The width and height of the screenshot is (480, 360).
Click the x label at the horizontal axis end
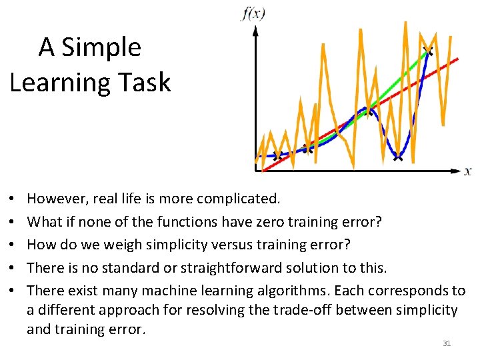click(x=468, y=171)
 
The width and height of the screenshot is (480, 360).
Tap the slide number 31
click(x=447, y=343)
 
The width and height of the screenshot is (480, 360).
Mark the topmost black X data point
click(x=427, y=51)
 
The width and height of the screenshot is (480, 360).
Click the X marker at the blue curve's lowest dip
click(x=398, y=157)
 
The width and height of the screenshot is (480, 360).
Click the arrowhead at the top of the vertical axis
click(x=255, y=30)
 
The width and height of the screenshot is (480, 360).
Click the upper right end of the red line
click(x=457, y=59)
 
